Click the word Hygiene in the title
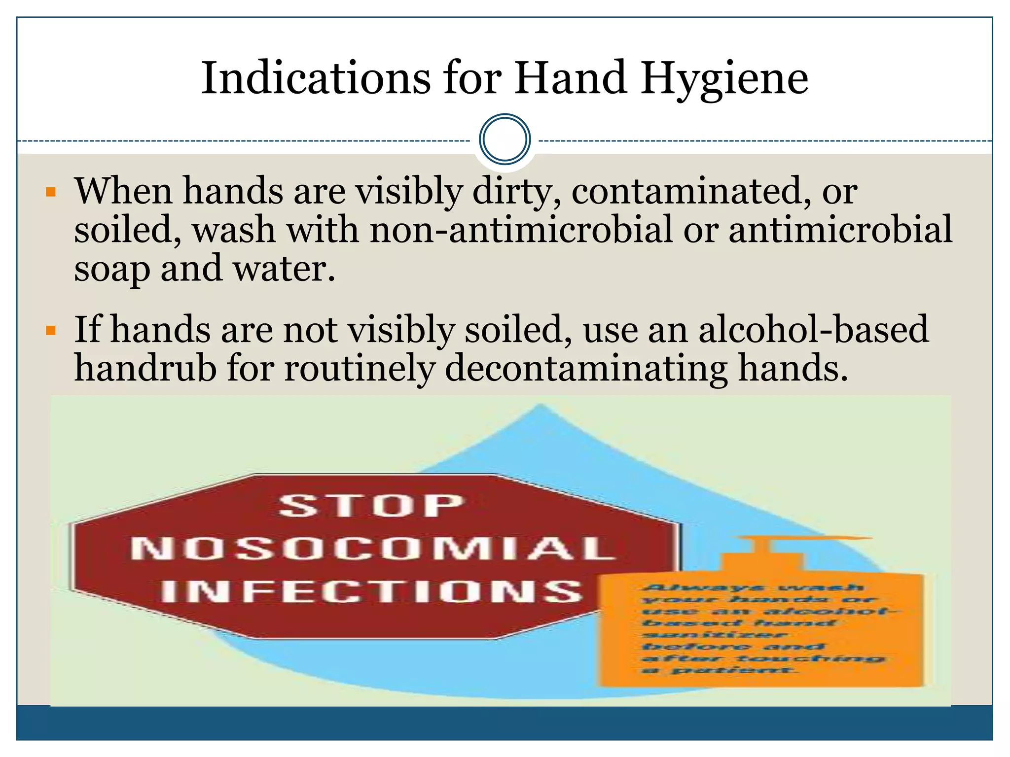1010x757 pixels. [724, 79]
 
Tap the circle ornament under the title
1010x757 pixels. [505, 139]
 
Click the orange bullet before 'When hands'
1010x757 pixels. [51, 192]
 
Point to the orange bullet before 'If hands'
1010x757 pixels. [51, 330]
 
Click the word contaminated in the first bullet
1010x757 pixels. [690, 191]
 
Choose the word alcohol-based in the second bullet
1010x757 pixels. [813, 329]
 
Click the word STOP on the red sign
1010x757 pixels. [371, 506]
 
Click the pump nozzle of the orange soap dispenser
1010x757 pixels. [814, 539]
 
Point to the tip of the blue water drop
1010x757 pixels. [540, 406]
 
